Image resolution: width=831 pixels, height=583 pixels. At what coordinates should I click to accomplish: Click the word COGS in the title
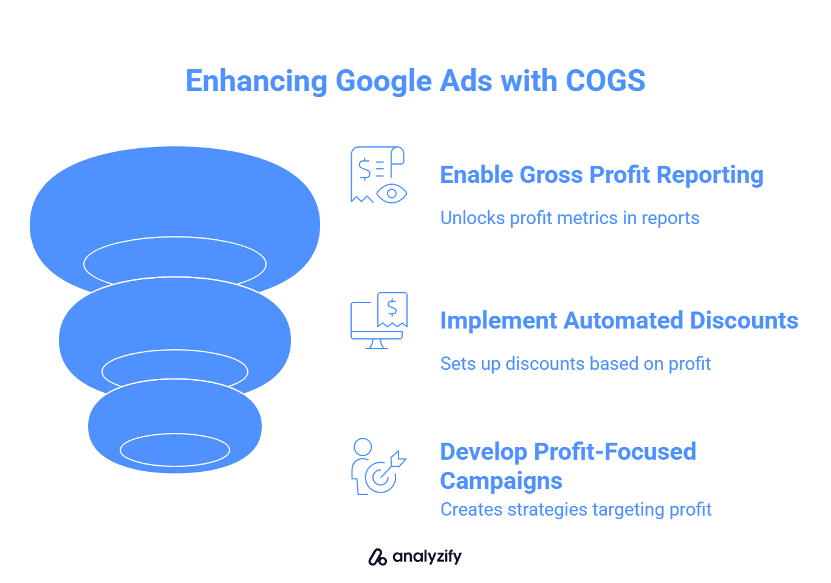click(x=605, y=81)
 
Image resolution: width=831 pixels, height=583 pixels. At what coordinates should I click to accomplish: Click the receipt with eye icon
click(x=379, y=175)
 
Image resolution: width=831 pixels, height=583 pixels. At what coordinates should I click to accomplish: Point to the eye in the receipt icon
click(x=392, y=193)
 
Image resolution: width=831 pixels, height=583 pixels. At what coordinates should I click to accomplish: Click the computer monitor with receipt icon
click(x=379, y=321)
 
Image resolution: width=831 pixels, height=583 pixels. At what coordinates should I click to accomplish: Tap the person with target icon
click(x=379, y=466)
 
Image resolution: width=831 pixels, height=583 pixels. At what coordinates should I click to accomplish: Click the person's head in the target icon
click(x=363, y=447)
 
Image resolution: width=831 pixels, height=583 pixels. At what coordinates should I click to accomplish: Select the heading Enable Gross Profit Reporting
click(x=602, y=176)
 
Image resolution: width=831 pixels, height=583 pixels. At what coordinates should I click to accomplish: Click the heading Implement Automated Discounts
click(x=619, y=321)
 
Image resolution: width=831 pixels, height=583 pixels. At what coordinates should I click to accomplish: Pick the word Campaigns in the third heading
click(x=501, y=481)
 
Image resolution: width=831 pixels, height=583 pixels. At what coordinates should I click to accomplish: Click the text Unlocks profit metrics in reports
click(x=570, y=218)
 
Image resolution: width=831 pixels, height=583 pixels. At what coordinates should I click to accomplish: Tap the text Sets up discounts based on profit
click(x=575, y=364)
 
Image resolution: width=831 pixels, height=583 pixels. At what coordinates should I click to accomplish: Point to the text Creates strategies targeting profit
click(x=576, y=510)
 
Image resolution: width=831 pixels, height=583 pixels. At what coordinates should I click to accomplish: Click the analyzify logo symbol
click(x=377, y=557)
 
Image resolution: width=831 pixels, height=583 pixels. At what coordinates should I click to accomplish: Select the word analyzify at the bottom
click(x=427, y=557)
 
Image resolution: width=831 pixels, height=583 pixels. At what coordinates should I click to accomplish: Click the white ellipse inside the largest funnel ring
click(x=175, y=237)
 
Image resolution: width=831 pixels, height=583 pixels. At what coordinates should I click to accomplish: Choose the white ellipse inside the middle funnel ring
click(x=175, y=350)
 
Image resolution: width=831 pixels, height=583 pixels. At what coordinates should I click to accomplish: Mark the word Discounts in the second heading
click(x=744, y=321)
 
